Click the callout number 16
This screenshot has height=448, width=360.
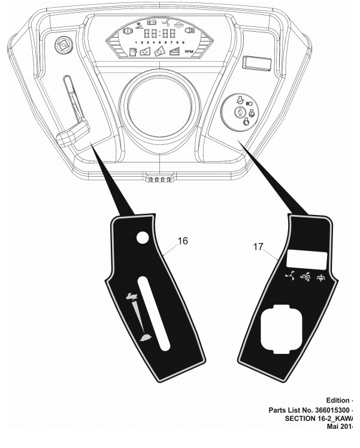click(183, 241)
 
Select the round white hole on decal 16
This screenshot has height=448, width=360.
click(142, 239)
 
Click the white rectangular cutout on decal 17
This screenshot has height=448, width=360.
click(307, 259)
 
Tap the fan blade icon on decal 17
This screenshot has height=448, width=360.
click(288, 277)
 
